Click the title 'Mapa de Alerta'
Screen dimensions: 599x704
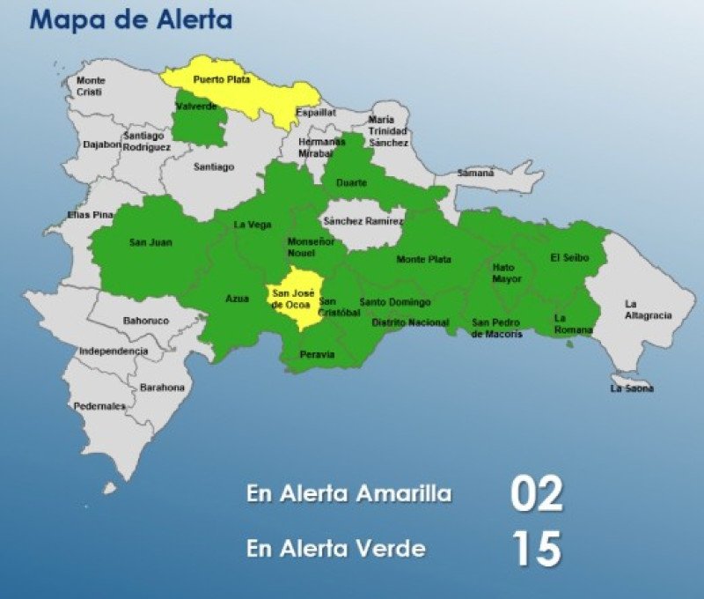pyautogui.click(x=131, y=19)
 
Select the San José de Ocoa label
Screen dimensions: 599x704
pyautogui.click(x=293, y=299)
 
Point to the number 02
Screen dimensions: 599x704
pyautogui.click(x=536, y=494)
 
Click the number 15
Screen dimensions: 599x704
pyautogui.click(x=536, y=548)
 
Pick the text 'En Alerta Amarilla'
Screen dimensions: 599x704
pyautogui.click(x=349, y=494)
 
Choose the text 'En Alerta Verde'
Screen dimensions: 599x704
pyautogui.click(x=336, y=549)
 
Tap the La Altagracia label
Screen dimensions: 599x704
pyautogui.click(x=648, y=309)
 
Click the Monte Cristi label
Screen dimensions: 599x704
pyautogui.click(x=90, y=86)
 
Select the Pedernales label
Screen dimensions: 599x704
pyautogui.click(x=99, y=406)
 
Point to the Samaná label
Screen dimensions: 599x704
pyautogui.click(x=475, y=174)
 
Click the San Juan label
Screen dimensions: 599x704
pyautogui.click(x=150, y=242)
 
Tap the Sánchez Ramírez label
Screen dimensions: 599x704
pyautogui.click(x=363, y=221)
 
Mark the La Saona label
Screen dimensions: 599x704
pyautogui.click(x=632, y=388)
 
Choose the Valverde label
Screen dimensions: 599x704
pyautogui.click(x=195, y=107)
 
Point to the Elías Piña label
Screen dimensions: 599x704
pyautogui.click(x=91, y=215)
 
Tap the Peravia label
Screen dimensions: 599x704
pyautogui.click(x=318, y=354)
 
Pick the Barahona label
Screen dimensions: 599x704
pyautogui.click(x=162, y=388)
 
